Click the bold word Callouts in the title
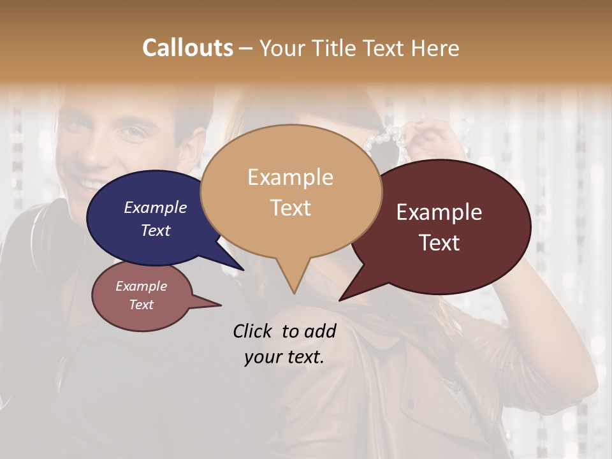point(187,48)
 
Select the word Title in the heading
point(334,48)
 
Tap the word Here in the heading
point(435,48)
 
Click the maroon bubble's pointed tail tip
point(340,299)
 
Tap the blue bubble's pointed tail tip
point(242,270)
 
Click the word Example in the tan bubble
point(290,177)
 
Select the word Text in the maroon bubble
point(440,243)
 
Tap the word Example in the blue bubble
point(155,208)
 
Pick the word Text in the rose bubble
point(142,305)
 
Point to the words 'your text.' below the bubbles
point(284,357)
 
